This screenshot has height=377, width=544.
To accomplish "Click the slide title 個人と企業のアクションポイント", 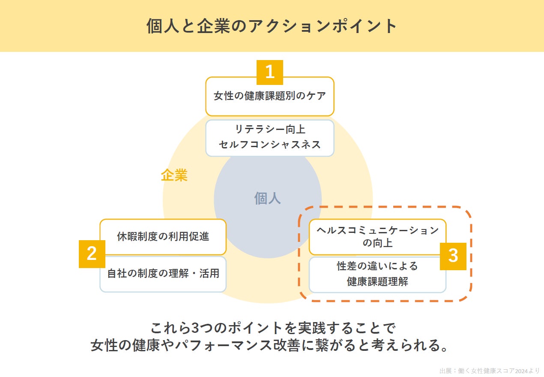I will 272,26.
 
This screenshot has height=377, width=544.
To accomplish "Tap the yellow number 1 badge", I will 269,72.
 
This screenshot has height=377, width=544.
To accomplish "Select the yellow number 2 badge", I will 92,254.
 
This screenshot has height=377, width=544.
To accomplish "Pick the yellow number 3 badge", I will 453,256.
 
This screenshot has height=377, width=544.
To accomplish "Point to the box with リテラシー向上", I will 269,137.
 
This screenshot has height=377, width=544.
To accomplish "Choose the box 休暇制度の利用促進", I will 163,237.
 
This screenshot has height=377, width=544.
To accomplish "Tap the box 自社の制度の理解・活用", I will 163,274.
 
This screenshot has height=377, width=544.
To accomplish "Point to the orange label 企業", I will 174,175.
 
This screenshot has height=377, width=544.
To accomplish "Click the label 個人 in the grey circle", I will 267,198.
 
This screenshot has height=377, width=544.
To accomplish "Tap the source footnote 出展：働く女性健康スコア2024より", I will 489,371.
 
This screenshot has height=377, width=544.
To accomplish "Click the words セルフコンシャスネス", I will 269,145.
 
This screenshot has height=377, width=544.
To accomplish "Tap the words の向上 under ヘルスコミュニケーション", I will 377,243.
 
